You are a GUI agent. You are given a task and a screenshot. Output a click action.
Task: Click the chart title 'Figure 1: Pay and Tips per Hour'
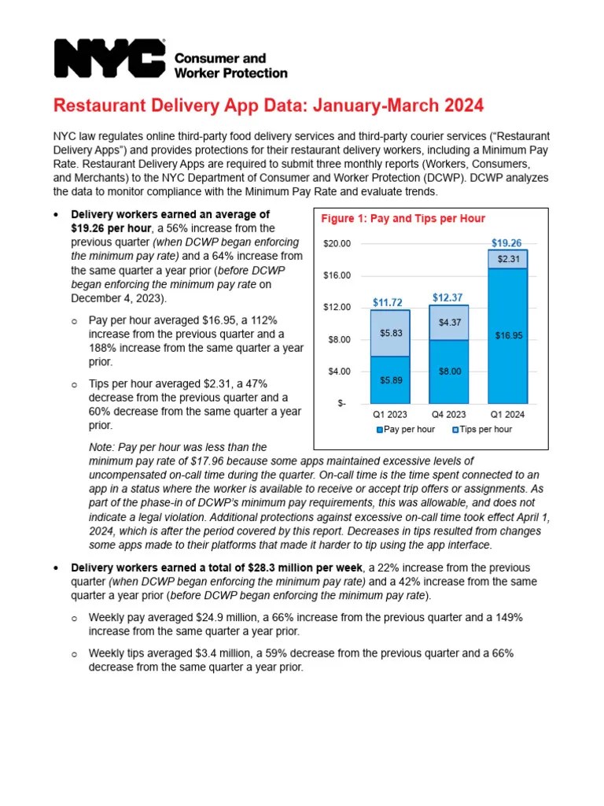403,219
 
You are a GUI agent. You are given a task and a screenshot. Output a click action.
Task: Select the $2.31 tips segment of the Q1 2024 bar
507,259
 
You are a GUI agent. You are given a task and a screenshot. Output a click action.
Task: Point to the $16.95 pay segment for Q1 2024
507,335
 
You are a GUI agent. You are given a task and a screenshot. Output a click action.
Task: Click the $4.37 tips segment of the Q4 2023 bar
448,323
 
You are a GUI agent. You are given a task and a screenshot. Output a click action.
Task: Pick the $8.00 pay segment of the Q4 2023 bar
448,371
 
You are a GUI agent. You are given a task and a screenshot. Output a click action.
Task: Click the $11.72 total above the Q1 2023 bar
389,302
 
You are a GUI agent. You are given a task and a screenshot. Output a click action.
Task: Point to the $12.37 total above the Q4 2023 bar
448,298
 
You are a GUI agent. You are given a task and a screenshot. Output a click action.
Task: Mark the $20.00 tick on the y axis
337,244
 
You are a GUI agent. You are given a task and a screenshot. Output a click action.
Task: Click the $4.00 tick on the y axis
339,371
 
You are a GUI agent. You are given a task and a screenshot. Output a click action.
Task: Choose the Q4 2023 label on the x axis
448,414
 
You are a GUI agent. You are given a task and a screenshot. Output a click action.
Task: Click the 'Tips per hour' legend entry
482,429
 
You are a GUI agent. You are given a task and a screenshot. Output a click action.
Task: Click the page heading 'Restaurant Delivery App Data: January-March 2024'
268,105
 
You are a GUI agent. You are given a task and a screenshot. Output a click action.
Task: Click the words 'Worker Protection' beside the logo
230,73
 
